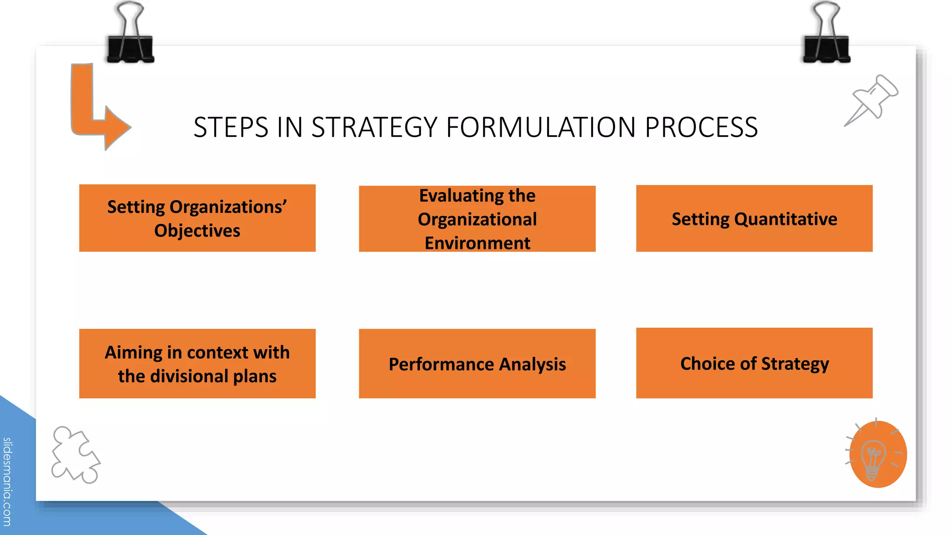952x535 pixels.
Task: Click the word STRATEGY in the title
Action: pyautogui.click(x=374, y=127)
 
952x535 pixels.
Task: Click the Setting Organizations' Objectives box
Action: pyautogui.click(x=197, y=218)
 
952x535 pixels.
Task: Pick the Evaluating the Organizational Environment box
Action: pyautogui.click(x=477, y=219)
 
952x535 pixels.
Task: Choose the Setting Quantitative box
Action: pyautogui.click(x=754, y=218)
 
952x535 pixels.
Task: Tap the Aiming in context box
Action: pyautogui.click(x=197, y=364)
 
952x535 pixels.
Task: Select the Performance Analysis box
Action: pyautogui.click(x=477, y=364)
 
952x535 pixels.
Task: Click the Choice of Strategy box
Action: pyautogui.click(x=754, y=363)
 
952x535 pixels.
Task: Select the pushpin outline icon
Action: pyautogui.click(x=872, y=100)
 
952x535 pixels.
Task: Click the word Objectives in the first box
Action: pyautogui.click(x=197, y=231)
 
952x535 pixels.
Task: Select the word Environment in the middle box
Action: pyautogui.click(x=477, y=243)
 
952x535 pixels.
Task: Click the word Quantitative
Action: pyautogui.click(x=786, y=219)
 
